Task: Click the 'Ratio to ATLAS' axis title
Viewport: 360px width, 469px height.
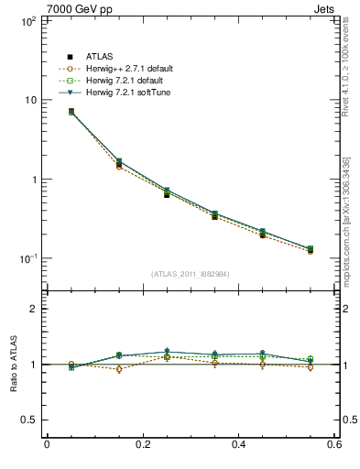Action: (12, 365)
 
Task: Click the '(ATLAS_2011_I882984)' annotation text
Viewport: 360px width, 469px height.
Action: (190, 274)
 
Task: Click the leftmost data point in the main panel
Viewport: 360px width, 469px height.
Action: (71, 112)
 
